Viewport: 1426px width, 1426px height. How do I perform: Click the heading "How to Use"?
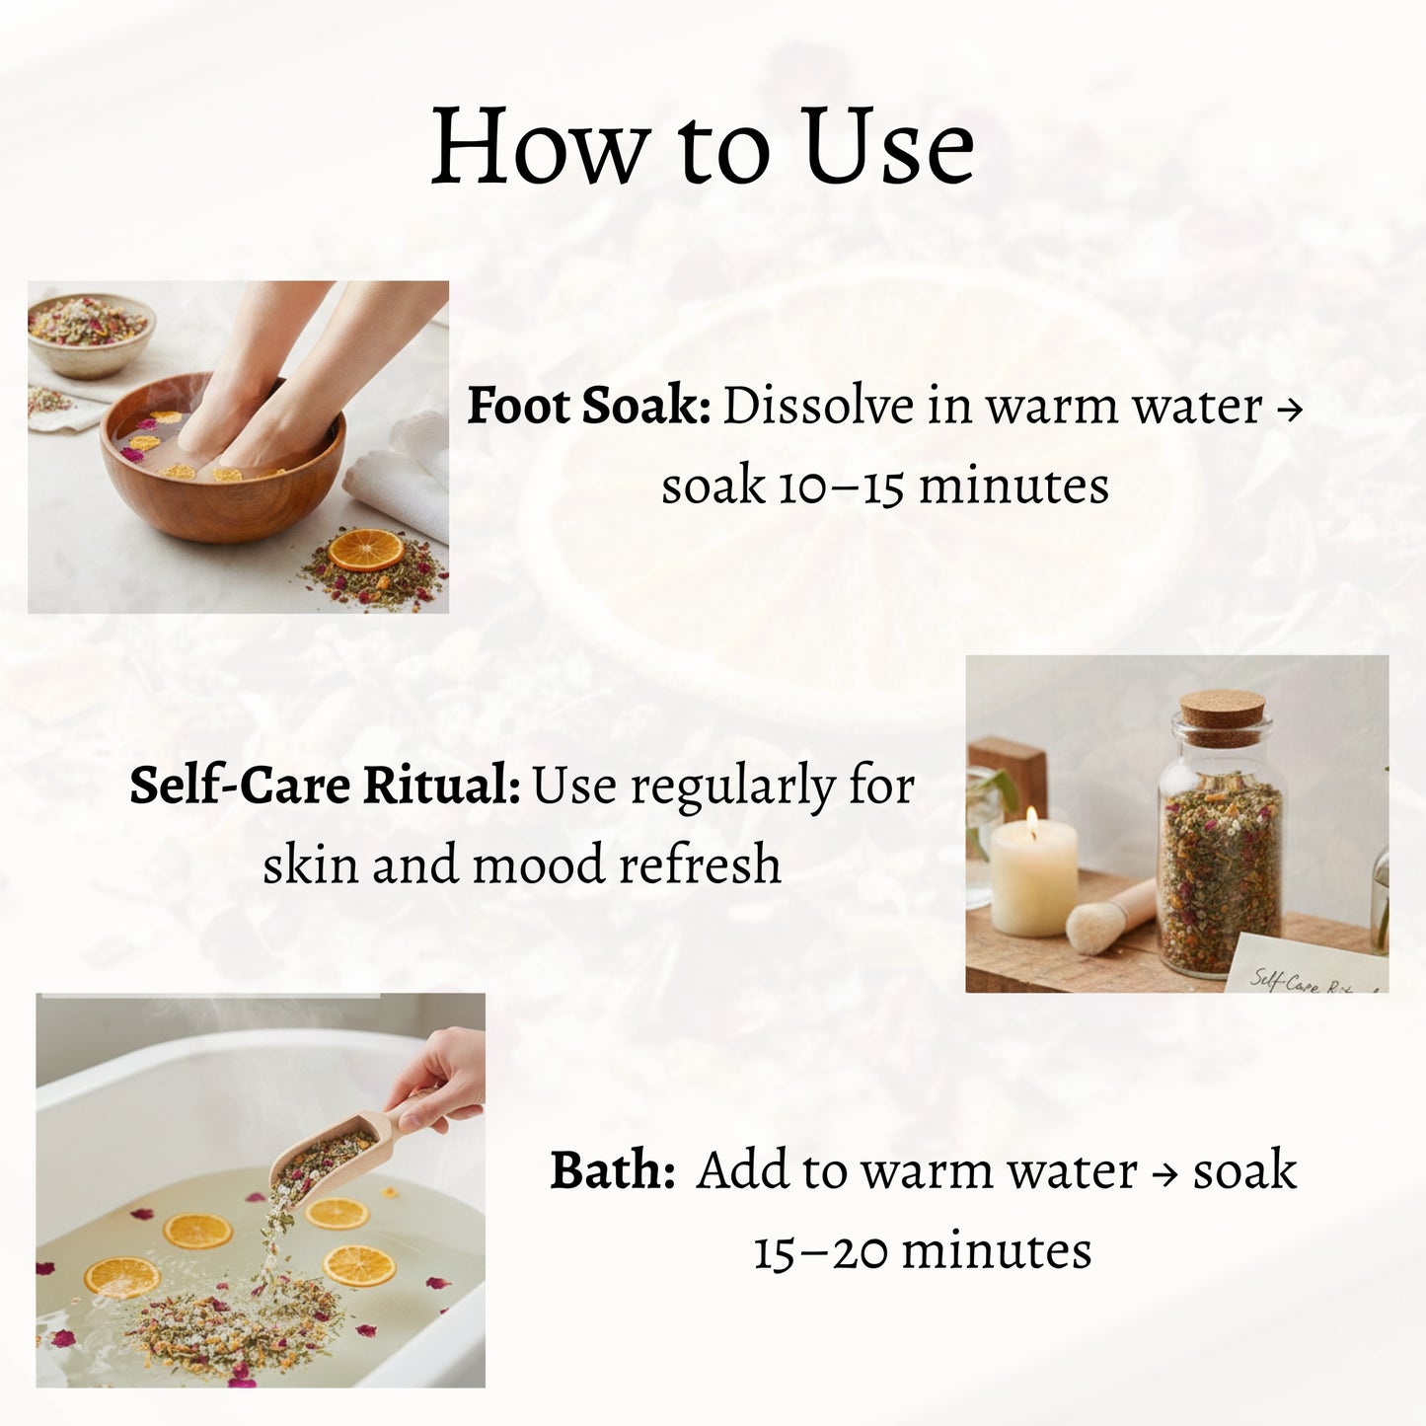pos(702,147)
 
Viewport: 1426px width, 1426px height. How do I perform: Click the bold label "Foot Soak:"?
pos(588,407)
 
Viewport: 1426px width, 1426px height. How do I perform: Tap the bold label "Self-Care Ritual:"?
pos(325,787)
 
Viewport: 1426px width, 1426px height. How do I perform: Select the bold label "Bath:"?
pos(612,1171)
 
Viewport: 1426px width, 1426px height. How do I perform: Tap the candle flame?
pos(1032,817)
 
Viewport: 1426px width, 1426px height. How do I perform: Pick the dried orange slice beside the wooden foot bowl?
pos(365,550)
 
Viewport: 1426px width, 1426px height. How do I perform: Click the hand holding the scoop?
pos(445,1080)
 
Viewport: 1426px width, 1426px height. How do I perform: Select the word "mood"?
pos(537,865)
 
